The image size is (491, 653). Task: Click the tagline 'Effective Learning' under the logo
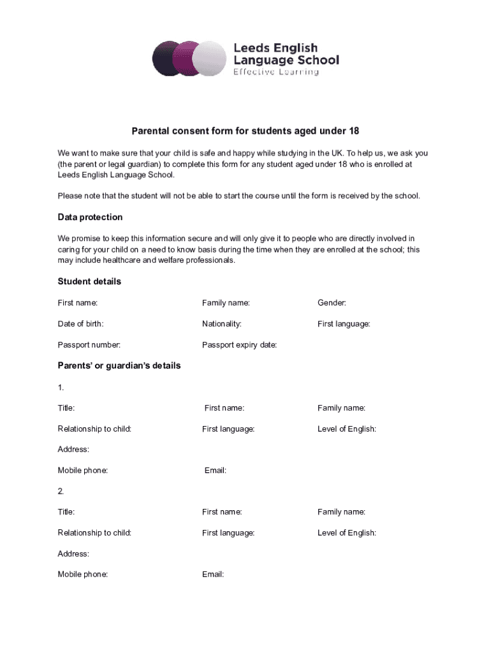click(x=275, y=72)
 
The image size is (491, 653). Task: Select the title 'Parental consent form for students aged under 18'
click(x=246, y=131)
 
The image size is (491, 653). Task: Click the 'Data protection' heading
click(x=90, y=217)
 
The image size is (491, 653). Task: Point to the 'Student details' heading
click(x=89, y=282)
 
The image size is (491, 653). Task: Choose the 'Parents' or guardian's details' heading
click(x=119, y=366)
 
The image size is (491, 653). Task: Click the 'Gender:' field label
click(x=332, y=303)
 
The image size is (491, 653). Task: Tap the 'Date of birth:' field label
click(x=80, y=324)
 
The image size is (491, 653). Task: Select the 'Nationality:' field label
click(x=222, y=324)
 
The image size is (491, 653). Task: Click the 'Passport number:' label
click(x=89, y=345)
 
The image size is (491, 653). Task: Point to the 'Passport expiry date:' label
click(x=239, y=345)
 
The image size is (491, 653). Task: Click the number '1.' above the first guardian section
click(x=61, y=387)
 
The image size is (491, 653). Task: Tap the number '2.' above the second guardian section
click(x=61, y=491)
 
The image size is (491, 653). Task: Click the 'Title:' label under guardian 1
click(x=66, y=408)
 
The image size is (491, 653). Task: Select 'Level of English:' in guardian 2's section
click(x=347, y=533)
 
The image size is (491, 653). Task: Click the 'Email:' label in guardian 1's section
click(x=216, y=471)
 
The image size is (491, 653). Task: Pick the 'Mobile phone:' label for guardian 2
click(x=83, y=575)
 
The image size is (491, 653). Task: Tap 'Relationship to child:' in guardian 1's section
click(x=94, y=429)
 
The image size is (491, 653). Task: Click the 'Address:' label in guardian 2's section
click(x=73, y=554)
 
